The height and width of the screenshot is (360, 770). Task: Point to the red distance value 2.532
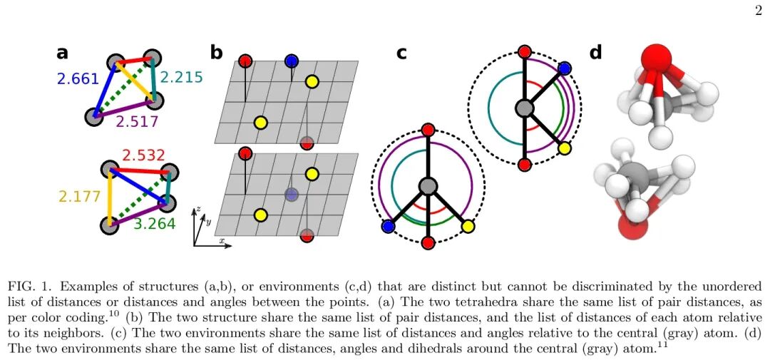point(144,155)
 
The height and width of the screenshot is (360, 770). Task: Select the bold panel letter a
point(63,53)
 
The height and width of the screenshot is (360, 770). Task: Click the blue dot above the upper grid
point(291,61)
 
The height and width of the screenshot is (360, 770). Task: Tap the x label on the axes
point(222,242)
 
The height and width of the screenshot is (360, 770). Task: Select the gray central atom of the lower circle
point(427,187)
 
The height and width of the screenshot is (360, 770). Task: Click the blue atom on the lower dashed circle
point(389,226)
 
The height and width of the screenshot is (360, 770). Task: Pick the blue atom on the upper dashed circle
point(565,68)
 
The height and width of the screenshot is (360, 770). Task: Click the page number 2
point(757,10)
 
